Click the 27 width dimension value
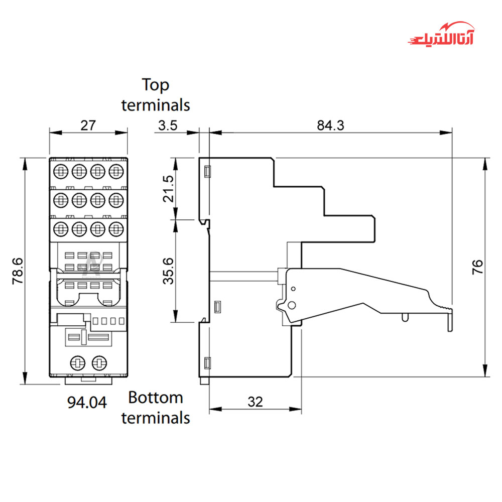(88, 125)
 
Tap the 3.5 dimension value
(168, 125)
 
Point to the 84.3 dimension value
(330, 125)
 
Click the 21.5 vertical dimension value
(169, 189)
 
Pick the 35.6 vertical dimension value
(169, 271)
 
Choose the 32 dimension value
(255, 402)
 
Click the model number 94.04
(87, 402)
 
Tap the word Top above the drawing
(156, 84)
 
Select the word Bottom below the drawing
(156, 398)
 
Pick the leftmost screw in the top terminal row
(60, 171)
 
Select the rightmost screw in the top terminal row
(116, 171)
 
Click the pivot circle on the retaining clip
(290, 306)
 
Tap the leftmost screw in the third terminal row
(60, 229)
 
